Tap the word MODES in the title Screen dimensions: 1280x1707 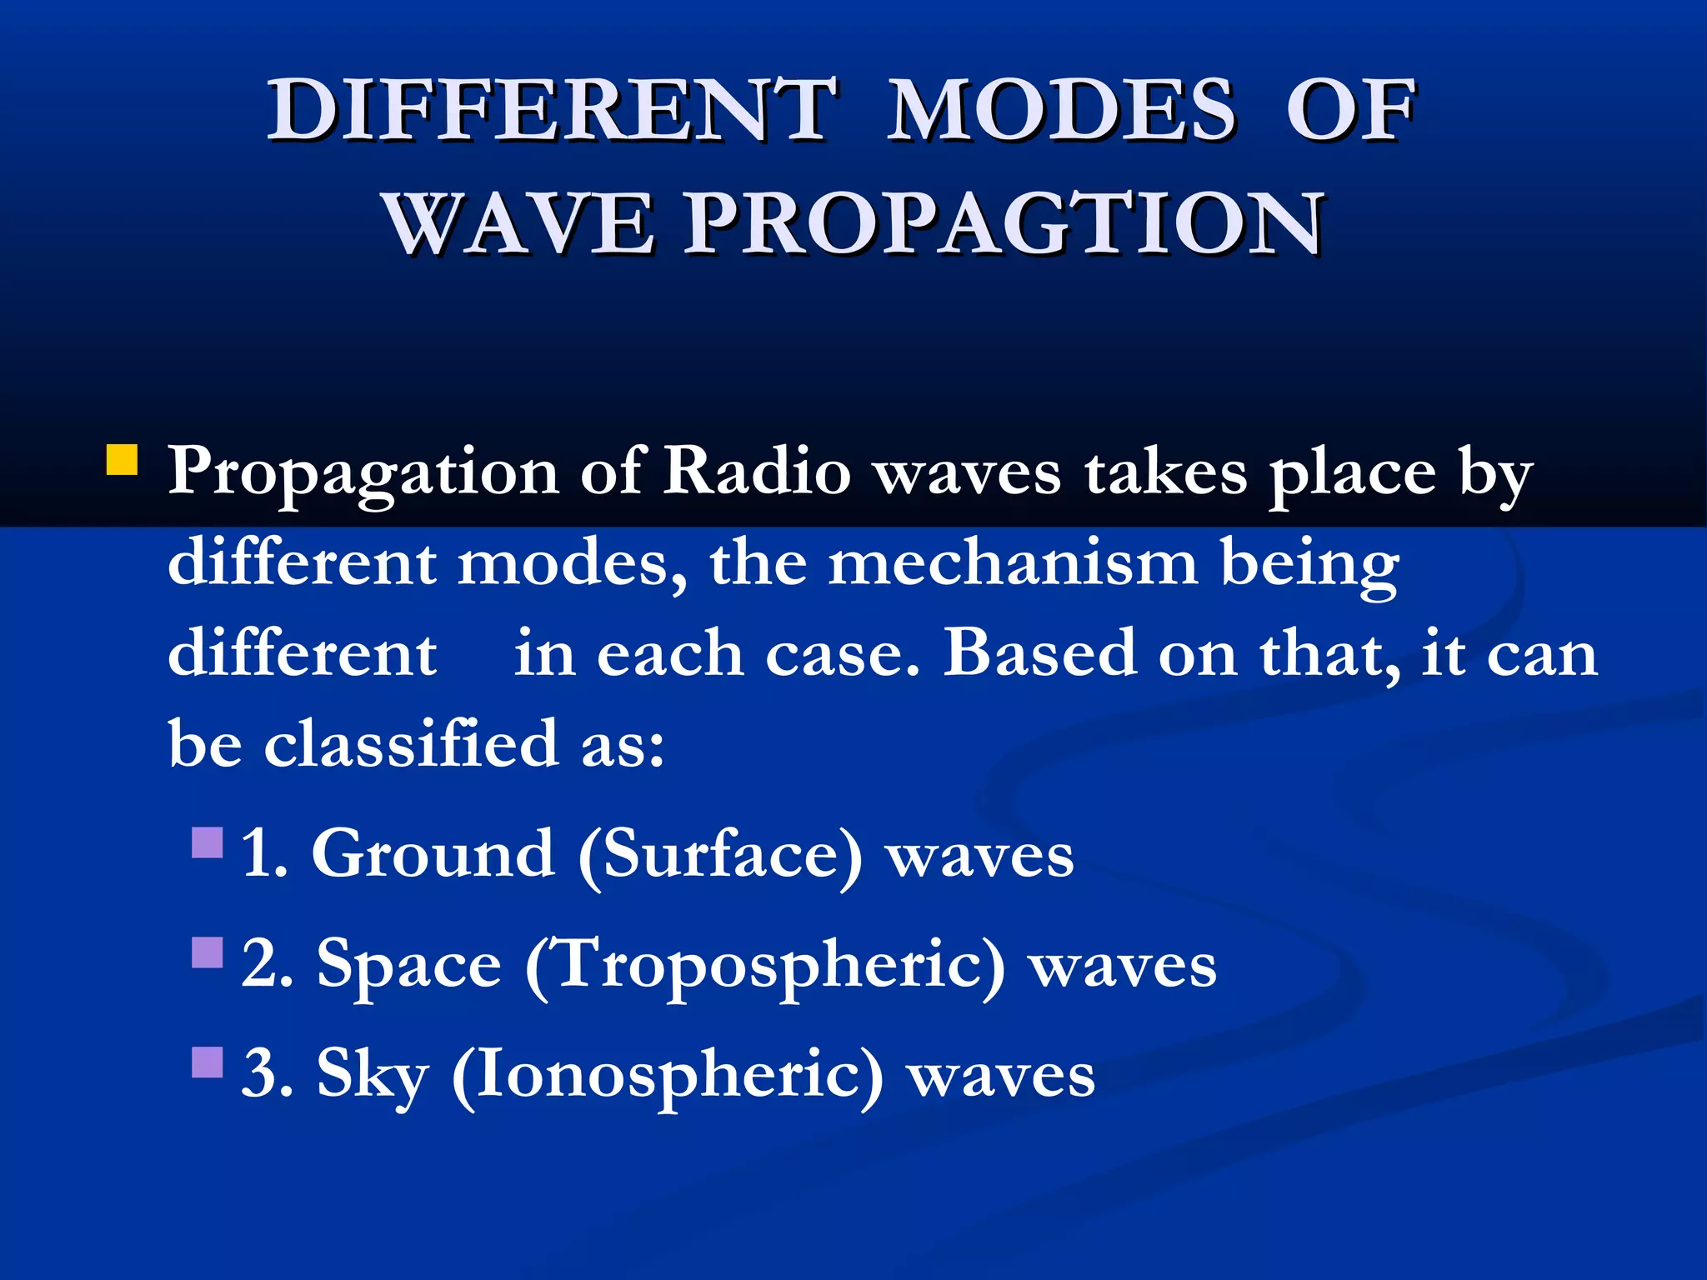coord(1061,111)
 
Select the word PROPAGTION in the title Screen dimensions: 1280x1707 coord(1005,223)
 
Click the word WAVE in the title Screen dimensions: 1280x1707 coord(521,223)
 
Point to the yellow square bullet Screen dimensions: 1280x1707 coord(123,459)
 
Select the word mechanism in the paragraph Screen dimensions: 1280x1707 coord(1013,562)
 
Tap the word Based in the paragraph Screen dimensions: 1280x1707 coord(1039,652)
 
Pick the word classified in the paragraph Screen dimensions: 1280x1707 coord(411,742)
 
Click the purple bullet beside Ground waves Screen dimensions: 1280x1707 coord(208,842)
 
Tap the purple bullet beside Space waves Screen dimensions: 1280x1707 coord(208,952)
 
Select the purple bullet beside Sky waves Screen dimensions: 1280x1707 coord(208,1062)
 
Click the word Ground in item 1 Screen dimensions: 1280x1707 coord(433,854)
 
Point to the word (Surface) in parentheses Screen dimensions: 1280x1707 coord(720,856)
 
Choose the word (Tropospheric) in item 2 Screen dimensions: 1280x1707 coord(765,967)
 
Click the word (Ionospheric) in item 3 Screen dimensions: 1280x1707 coord(667,1077)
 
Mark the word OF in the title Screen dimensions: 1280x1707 coord(1350,111)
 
